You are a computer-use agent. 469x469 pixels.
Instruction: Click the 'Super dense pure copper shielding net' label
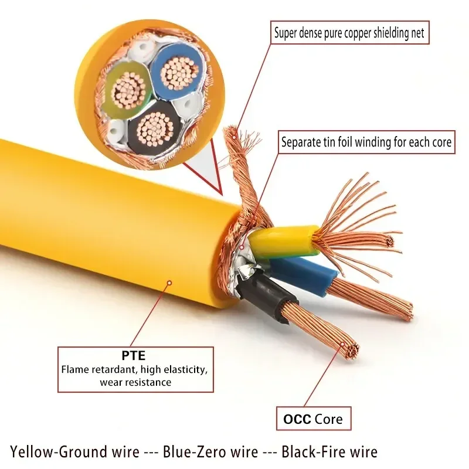pyautogui.click(x=349, y=33)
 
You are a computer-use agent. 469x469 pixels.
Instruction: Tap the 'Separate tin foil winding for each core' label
pyautogui.click(x=366, y=142)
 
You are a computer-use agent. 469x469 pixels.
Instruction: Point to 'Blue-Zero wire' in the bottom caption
pyautogui.click(x=210, y=452)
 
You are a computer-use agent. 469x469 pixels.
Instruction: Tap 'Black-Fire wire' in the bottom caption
pyautogui.click(x=329, y=452)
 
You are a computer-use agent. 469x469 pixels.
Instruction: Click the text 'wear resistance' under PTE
pyautogui.click(x=135, y=382)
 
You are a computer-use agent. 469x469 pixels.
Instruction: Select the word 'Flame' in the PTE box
pyautogui.click(x=74, y=370)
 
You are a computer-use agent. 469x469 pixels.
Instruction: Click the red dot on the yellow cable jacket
pyautogui.click(x=169, y=283)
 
